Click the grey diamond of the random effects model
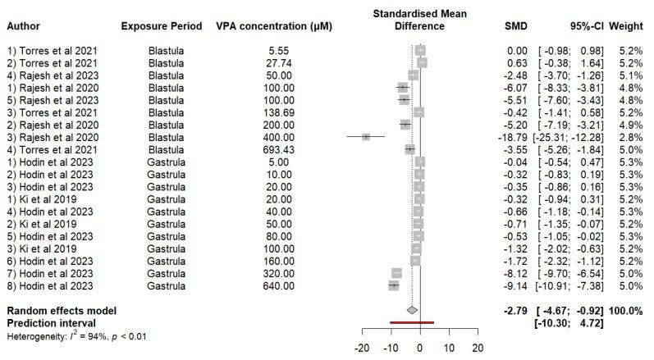tap(412, 310)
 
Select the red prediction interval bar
tap(412, 322)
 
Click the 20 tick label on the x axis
tap(478, 348)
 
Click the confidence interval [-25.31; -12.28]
tap(568, 136)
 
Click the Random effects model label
tap(61, 311)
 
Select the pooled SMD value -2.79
tap(514, 311)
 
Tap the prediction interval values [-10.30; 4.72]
tap(568, 323)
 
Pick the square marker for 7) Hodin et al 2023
tap(397, 272)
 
